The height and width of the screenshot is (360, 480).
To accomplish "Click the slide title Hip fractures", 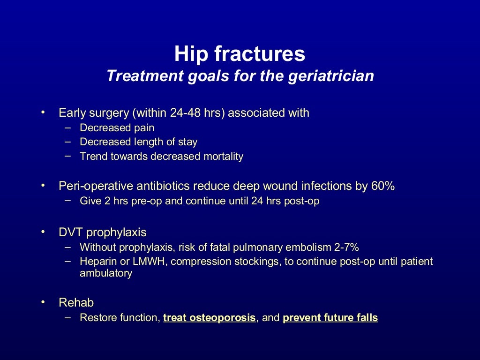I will tap(240, 54).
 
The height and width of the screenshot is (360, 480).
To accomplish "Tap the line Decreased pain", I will tap(117, 127).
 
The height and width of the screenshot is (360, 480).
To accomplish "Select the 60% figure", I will tap(383, 186).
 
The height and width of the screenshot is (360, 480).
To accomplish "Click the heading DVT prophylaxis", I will tap(102, 232).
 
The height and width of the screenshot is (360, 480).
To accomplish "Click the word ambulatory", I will tap(106, 274).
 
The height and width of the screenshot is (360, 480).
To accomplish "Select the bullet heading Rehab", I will tap(76, 303).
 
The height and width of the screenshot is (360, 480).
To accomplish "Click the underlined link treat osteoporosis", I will tap(209, 318).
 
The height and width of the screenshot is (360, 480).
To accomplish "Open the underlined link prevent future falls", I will tap(330, 318).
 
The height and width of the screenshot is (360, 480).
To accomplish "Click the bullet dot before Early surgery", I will tap(43, 112).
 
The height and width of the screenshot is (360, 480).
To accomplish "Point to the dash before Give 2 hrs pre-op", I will tap(69, 201).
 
